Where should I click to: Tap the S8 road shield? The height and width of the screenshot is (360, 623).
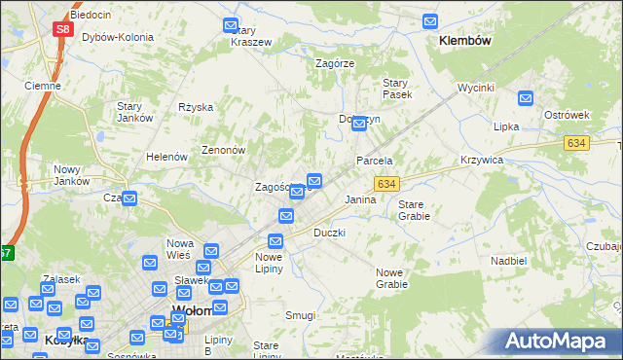tap(62, 29)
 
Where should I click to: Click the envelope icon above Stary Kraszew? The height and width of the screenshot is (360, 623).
tap(231, 25)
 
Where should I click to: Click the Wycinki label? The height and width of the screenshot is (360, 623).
tap(477, 88)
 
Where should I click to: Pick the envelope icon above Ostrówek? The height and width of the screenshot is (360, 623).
tap(526, 97)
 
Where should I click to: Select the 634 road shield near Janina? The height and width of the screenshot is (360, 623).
tap(386, 184)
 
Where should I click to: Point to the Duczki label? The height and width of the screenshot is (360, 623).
tap(329, 234)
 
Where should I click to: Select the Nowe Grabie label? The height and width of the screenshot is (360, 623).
tap(391, 278)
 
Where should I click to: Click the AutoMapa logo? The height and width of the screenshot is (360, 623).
tap(557, 342)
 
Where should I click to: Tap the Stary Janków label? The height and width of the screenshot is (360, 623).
tap(135, 112)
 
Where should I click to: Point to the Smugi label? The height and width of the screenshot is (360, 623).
tap(300, 316)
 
